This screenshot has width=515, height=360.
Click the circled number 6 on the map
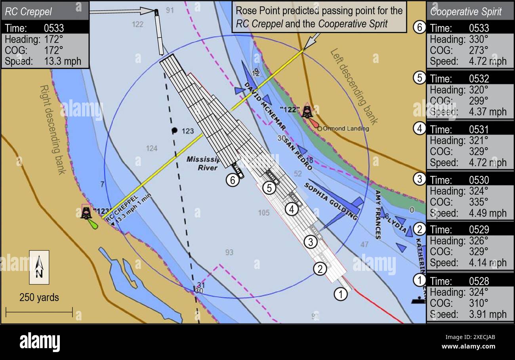pos(233,180)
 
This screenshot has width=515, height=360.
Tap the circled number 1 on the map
pos(341,294)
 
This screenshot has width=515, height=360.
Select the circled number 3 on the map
pos(311,242)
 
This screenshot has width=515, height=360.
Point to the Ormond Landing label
pos(345,129)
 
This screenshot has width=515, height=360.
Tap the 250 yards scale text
pos(39,297)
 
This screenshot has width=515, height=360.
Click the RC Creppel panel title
pos(29,11)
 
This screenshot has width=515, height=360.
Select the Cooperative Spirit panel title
pos(466,11)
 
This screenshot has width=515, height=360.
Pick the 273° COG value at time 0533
pos(479,50)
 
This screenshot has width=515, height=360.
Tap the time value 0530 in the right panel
pos(479,180)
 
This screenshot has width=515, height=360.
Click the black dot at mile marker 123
pos(174,130)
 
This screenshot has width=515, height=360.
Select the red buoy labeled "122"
pos(307,112)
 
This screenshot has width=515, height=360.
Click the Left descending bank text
pos(354,86)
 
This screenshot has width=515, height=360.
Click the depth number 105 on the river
pos(263,213)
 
